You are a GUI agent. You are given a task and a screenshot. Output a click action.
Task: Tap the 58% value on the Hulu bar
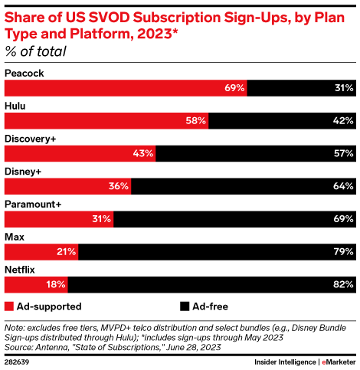[x=195, y=121]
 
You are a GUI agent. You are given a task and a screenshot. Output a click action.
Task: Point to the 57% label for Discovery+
[x=343, y=154]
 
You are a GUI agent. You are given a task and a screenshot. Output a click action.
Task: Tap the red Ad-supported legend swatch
[x=10, y=306]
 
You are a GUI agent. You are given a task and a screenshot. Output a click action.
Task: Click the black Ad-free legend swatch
[x=184, y=306]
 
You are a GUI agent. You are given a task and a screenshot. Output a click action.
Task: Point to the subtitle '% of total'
[x=35, y=52]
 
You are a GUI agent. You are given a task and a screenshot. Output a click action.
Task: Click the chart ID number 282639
[x=20, y=361]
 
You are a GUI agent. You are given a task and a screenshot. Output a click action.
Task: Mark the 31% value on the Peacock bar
[x=343, y=89]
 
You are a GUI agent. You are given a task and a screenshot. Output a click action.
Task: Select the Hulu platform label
[x=16, y=106]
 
